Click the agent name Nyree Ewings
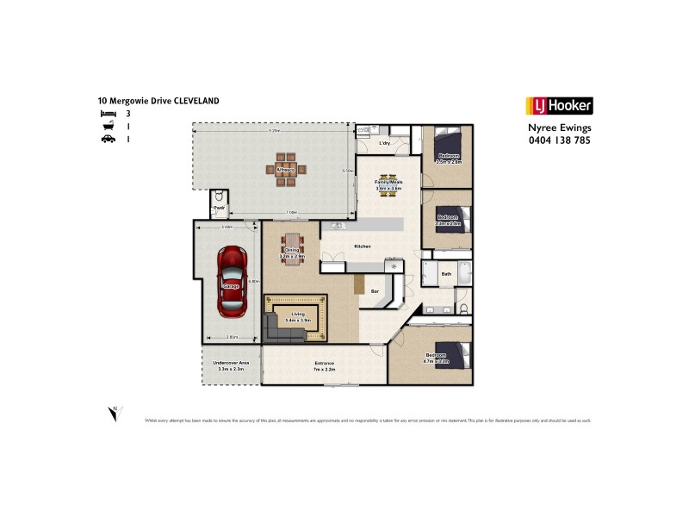click(559, 128)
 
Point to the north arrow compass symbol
click(114, 414)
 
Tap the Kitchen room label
click(363, 247)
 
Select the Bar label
click(375, 291)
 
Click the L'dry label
click(386, 143)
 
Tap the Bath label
click(446, 274)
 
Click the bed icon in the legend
click(107, 113)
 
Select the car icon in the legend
click(107, 138)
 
